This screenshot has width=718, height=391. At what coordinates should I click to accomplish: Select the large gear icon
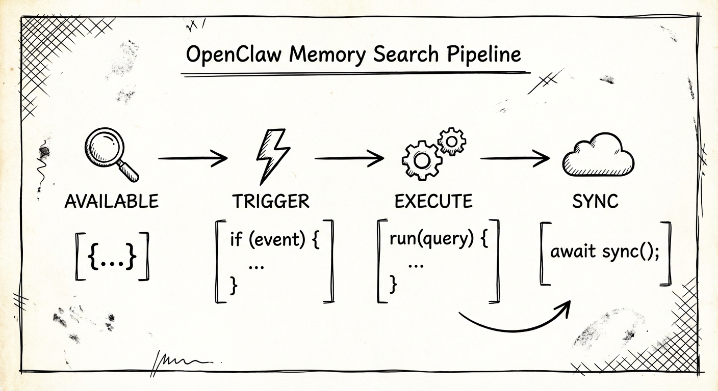(421, 160)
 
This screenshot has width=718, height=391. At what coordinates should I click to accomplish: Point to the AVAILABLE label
(112, 202)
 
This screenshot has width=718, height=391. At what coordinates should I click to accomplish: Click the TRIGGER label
(271, 202)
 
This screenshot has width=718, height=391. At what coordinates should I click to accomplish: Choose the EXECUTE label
(433, 202)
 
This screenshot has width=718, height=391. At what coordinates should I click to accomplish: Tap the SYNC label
(595, 202)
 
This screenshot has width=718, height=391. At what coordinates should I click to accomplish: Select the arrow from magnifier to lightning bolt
(192, 159)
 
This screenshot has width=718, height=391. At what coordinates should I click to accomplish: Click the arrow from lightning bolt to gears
(349, 159)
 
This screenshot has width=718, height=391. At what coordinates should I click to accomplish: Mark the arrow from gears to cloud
(515, 159)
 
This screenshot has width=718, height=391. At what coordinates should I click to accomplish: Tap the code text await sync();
(605, 252)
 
